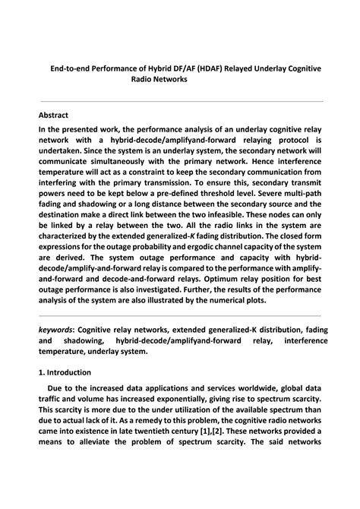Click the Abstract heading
pos(54,115)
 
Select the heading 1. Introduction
pos(65,372)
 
